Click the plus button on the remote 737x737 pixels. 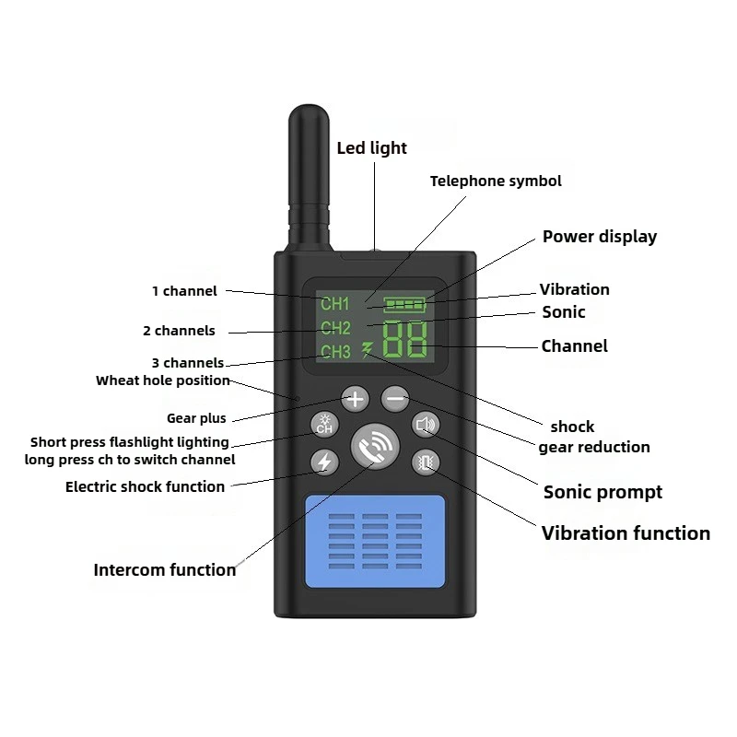pos(356,399)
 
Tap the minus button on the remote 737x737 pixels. pos(395,399)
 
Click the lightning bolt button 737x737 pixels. pos(324,462)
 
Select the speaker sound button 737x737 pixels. pos(426,425)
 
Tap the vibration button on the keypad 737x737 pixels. pos(426,462)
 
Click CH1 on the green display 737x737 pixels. pos(335,304)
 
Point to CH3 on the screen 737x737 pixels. pos(335,352)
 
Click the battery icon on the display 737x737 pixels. pos(404,305)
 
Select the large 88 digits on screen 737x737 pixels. pos(405,339)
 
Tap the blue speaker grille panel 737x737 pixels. pos(375,541)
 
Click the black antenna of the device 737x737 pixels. pos(310,179)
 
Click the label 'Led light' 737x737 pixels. pos(372,148)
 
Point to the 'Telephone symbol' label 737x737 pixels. pos(496,181)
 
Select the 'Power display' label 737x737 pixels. pos(600,237)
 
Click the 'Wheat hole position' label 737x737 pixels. pos(163,380)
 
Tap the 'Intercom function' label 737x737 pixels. pos(165,569)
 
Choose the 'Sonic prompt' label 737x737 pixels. pos(602,492)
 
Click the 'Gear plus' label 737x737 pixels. pos(196,418)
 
